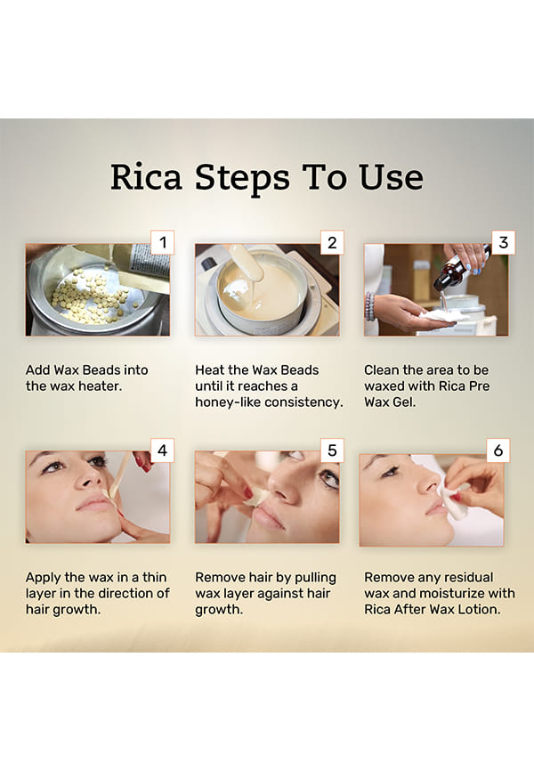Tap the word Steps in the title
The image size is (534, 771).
[242, 179]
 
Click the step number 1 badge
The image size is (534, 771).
[162, 242]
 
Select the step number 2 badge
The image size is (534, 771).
[332, 242]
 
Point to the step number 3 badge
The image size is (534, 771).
[503, 242]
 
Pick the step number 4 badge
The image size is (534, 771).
[162, 450]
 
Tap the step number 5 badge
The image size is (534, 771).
[332, 450]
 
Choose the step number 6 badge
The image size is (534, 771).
[498, 450]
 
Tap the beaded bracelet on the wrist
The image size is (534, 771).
[369, 306]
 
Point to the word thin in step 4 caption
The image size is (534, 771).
[154, 577]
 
